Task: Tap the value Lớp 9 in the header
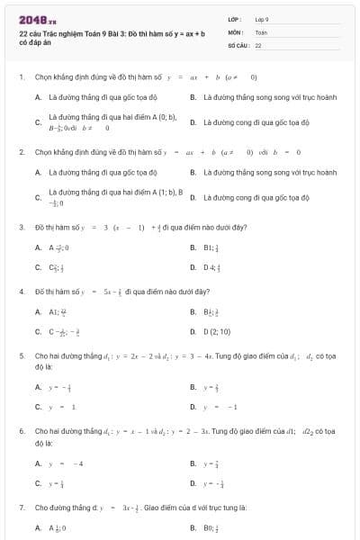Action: click(262, 19)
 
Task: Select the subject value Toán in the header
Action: click(261, 31)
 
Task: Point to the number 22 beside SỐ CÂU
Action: click(258, 44)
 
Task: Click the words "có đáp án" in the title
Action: click(31, 42)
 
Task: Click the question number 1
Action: click(21, 77)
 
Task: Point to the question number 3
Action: click(21, 227)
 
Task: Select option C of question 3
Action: click(49, 266)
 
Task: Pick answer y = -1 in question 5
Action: click(220, 407)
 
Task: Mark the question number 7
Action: click(21, 508)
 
